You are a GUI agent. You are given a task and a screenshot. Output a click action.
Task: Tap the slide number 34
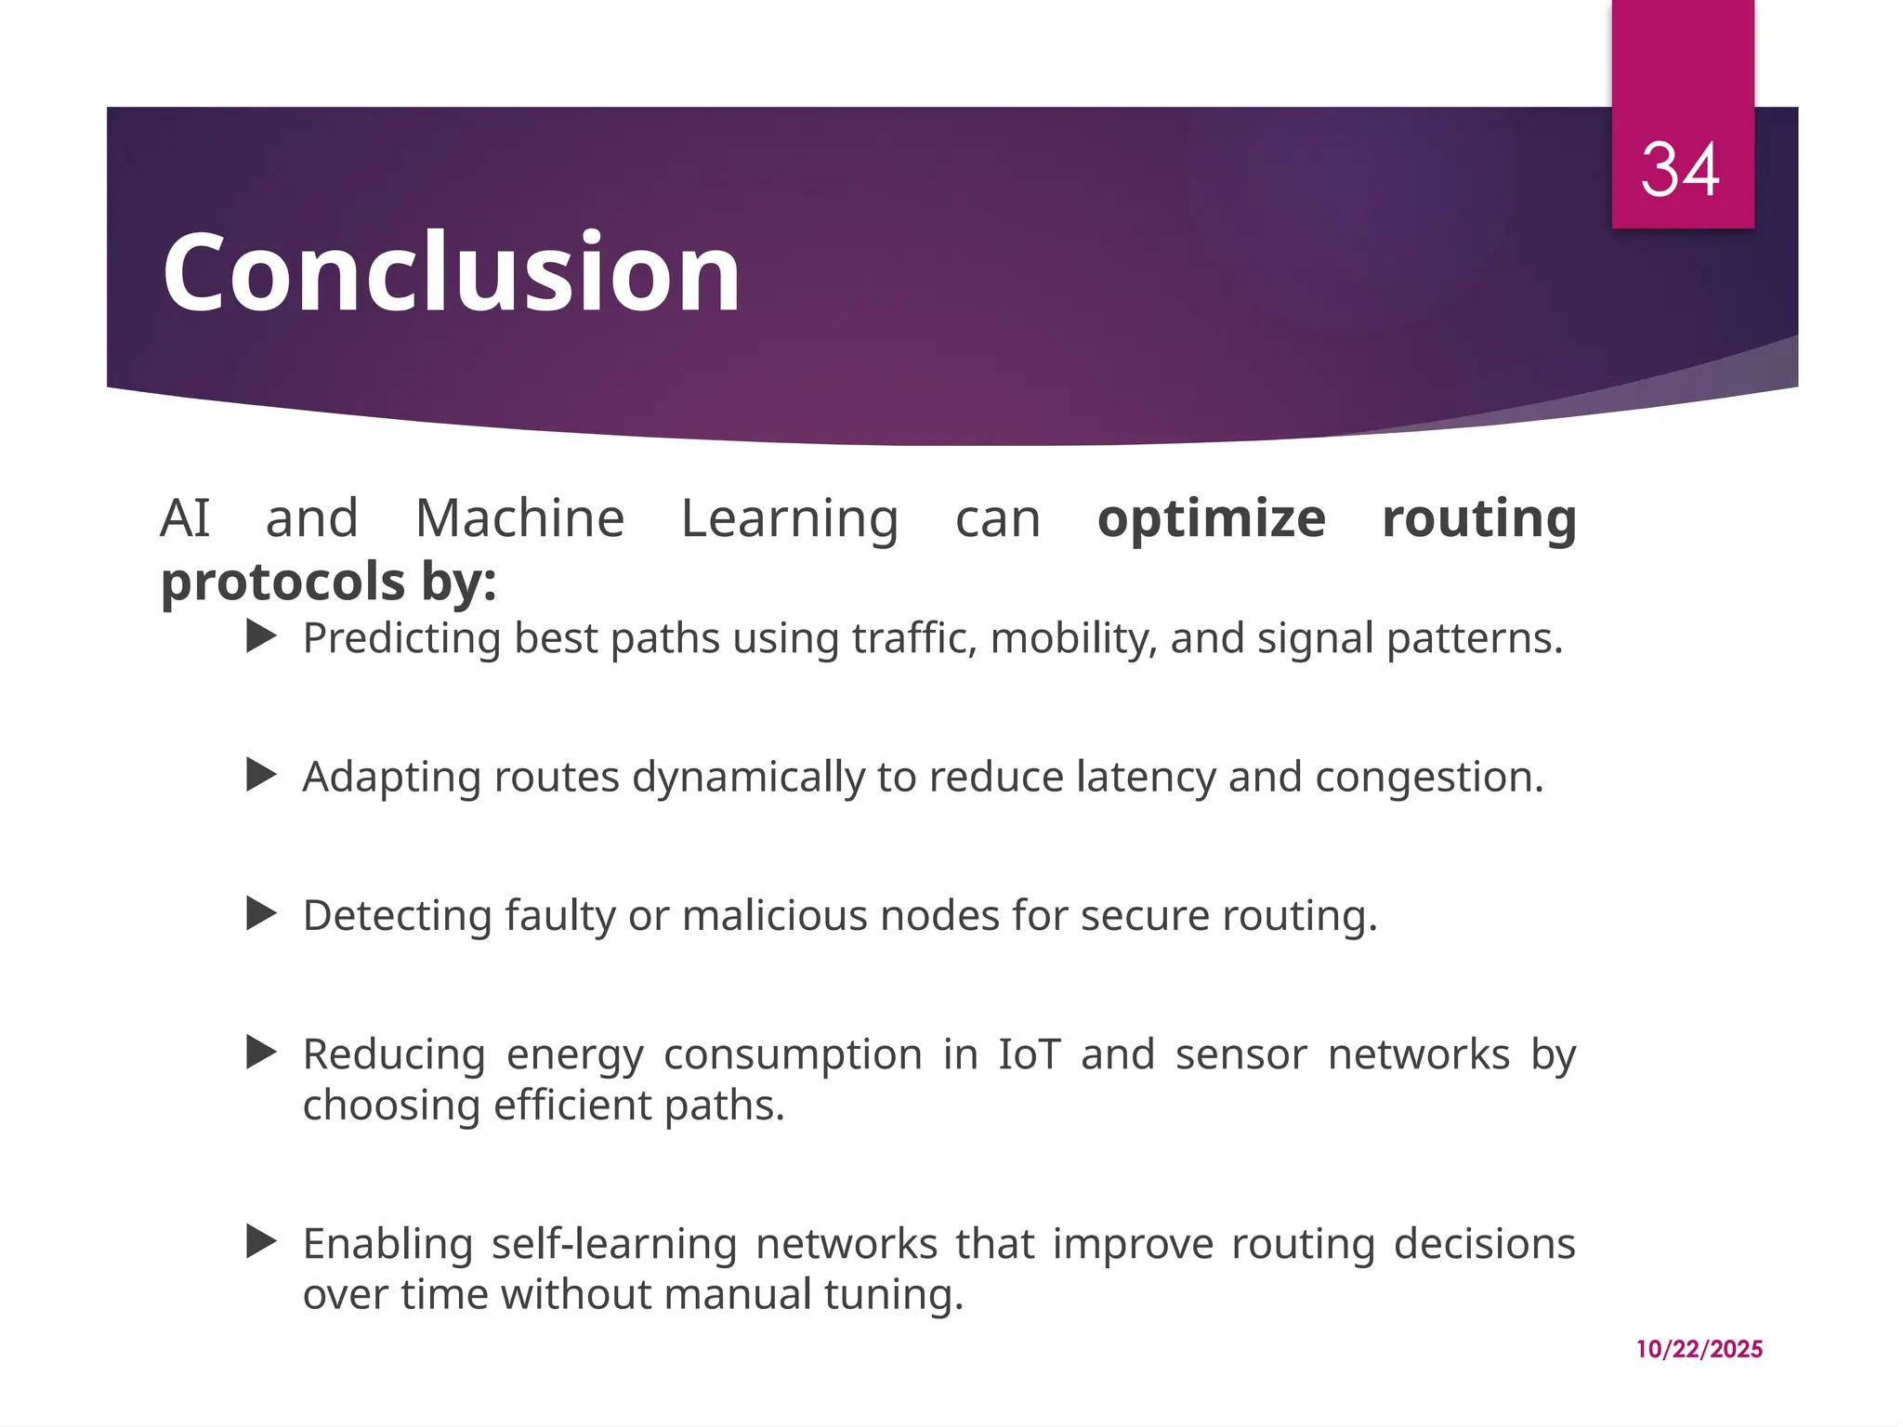1680,170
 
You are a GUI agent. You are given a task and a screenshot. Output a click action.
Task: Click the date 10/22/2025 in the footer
1699,1349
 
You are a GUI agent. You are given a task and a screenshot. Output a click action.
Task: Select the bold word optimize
1211,518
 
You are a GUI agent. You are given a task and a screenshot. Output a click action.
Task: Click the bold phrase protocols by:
328,582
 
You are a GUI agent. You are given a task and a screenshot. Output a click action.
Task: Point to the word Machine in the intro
519,518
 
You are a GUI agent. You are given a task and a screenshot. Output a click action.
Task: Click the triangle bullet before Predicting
262,637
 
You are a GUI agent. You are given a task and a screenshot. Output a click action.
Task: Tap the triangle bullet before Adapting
262,775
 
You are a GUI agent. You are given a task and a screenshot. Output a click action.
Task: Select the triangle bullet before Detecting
262,914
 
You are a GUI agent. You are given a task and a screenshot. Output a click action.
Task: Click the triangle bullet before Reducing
262,1054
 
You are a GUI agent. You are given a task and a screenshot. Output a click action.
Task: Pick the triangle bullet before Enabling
262,1242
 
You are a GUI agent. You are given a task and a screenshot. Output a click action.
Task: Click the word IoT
1029,1054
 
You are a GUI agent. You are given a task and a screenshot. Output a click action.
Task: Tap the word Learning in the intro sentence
790,518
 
